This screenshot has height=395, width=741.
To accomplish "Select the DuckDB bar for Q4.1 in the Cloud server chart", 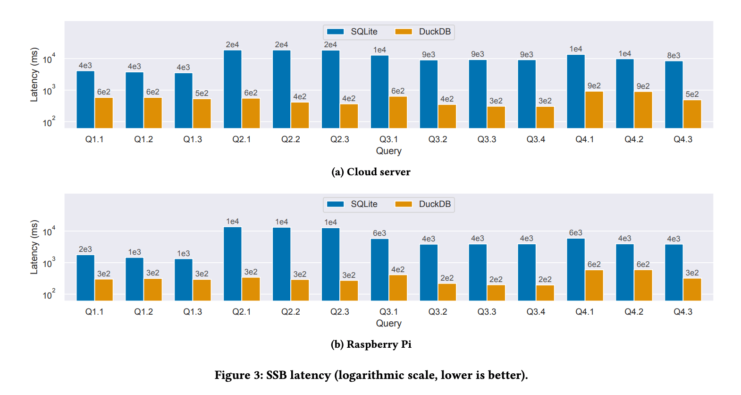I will click(x=594, y=110).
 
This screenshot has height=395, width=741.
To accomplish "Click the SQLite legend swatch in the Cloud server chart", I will click(x=335, y=32).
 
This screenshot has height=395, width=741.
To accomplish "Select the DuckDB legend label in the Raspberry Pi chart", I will click(x=435, y=204).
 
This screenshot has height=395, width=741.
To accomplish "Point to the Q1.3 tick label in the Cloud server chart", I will click(x=193, y=139).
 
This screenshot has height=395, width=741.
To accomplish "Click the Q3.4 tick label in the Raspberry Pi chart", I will click(x=536, y=312).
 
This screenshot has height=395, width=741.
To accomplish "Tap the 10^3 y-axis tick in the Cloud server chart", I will click(x=49, y=91).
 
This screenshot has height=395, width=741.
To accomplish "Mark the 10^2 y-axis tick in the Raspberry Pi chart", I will click(x=49, y=295).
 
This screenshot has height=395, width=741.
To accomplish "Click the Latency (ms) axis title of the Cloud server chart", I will click(x=34, y=75).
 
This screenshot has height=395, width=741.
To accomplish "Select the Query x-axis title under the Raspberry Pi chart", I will click(x=388, y=324).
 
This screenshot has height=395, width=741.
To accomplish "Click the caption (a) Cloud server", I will click(x=370, y=172).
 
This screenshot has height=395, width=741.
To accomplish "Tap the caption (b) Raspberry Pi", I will click(x=370, y=344).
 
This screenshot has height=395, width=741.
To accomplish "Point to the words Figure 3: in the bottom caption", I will click(x=238, y=375).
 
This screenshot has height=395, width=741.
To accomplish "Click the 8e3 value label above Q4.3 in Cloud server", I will click(x=674, y=55).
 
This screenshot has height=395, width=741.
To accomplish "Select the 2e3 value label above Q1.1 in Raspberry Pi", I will click(x=85, y=249).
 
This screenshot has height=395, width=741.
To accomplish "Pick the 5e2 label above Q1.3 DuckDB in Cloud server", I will click(x=202, y=94).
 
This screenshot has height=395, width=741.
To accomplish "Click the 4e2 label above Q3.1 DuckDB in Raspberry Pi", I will click(x=398, y=269).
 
